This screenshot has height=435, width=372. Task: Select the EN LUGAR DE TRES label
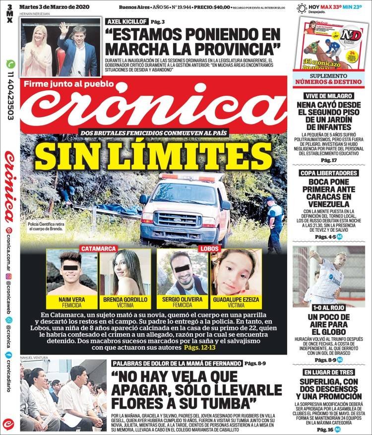click(x=328, y=372)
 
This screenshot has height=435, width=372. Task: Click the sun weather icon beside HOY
click(x=301, y=7)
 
